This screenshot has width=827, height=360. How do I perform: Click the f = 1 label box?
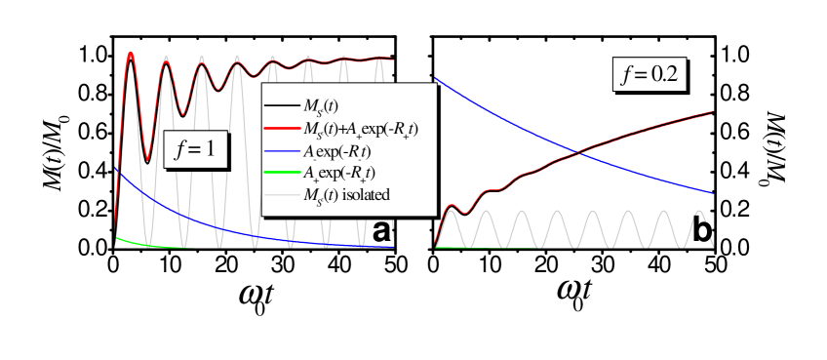click(195, 149)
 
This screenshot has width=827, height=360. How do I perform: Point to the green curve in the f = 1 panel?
click(132, 242)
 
